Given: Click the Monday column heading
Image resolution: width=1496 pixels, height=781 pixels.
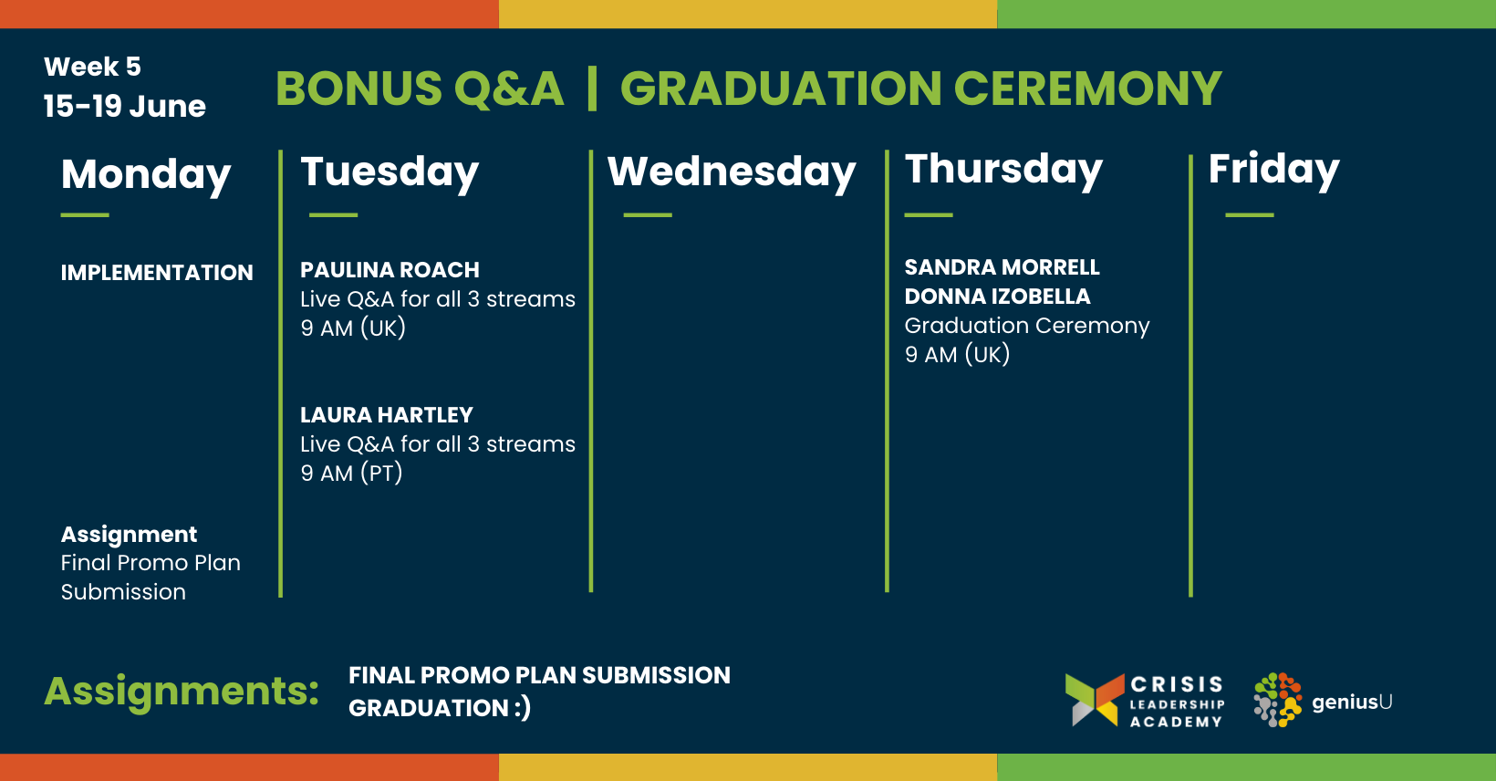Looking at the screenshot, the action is (x=146, y=176).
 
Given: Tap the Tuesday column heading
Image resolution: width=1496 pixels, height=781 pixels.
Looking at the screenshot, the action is (x=390, y=173).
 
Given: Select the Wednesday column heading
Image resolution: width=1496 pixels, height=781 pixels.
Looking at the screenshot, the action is (x=732, y=173).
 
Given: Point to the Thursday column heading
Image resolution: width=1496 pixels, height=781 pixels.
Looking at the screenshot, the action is (x=1003, y=170).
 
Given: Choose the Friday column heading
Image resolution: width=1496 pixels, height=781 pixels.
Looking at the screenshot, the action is (x=1273, y=170).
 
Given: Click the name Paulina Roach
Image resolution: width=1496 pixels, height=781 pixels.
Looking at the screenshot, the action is (x=390, y=270).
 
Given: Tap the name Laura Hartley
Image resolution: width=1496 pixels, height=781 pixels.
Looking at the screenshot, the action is (x=386, y=415).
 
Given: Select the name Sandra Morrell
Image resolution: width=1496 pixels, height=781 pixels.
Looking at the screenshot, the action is (x=1002, y=267).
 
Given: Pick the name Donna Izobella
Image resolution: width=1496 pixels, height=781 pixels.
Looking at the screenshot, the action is (x=997, y=296).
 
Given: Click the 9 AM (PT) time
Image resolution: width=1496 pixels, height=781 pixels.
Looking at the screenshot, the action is (x=351, y=473).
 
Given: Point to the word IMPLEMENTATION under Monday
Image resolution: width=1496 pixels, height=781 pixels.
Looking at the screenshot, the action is (x=157, y=273).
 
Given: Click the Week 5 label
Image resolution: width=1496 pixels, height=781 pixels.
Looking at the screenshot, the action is (x=92, y=67).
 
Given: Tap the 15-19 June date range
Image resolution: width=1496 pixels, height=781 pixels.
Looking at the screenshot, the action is (x=125, y=106).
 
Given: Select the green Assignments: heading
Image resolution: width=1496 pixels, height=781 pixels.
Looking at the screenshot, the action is (x=182, y=692).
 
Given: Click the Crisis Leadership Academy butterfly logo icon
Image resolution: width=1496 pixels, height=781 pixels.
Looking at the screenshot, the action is (x=1095, y=700).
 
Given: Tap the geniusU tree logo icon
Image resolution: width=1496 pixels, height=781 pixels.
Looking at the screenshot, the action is (x=1278, y=700).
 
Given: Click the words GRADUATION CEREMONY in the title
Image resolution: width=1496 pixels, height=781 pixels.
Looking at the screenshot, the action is (x=921, y=89).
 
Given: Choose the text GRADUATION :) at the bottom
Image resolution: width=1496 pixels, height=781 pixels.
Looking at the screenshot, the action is (x=440, y=708).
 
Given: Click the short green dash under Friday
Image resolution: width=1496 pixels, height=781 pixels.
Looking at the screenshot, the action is (x=1250, y=215).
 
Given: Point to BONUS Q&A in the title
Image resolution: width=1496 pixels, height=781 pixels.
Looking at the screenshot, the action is (x=420, y=89).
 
